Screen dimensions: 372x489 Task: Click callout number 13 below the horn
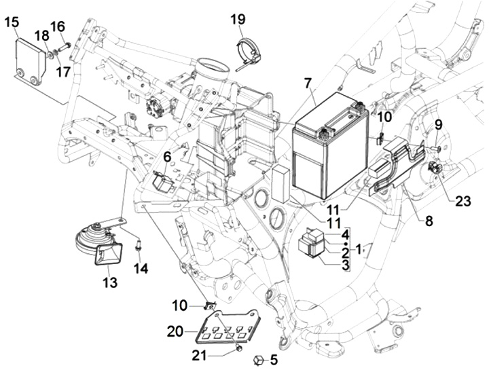(x=109, y=282)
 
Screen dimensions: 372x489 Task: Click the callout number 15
(x=12, y=22)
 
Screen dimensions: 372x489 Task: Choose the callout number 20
(x=175, y=331)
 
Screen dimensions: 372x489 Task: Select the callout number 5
(x=274, y=359)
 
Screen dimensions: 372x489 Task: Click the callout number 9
(x=438, y=124)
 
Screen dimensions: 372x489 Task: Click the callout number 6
(x=166, y=157)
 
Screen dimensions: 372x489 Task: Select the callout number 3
(x=345, y=264)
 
